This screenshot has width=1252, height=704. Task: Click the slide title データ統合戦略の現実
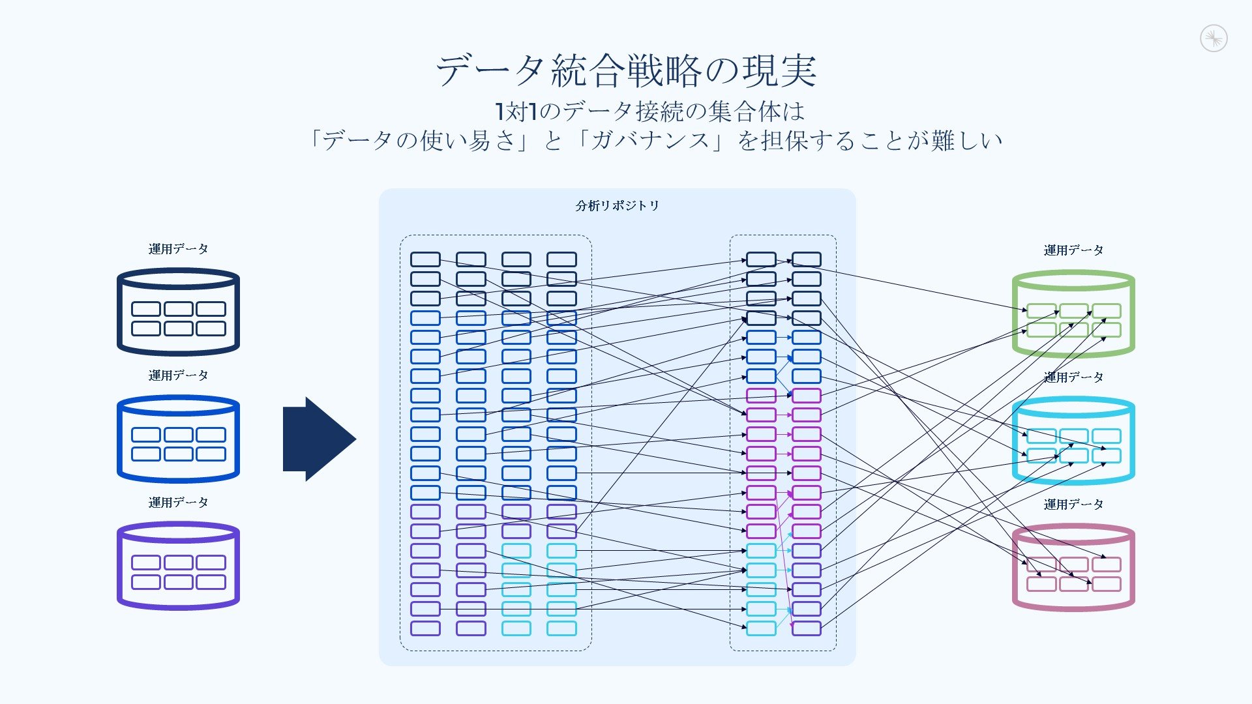tap(626, 70)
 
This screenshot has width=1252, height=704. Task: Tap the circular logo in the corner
tap(1214, 38)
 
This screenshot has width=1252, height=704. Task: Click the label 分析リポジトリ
tap(617, 206)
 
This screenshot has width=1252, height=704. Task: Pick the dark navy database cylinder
tap(178, 312)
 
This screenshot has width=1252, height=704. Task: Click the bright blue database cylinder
tap(178, 439)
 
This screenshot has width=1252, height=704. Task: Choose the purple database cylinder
tap(178, 566)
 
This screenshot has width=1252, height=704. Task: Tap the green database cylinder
tap(1073, 314)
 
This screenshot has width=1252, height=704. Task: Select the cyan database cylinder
tap(1073, 441)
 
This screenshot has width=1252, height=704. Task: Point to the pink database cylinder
tap(1073, 568)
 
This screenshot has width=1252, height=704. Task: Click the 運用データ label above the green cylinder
tap(1073, 250)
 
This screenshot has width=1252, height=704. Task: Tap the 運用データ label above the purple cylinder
tap(178, 503)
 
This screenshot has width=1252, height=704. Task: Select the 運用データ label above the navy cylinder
tap(178, 249)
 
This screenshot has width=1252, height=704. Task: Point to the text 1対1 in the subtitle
tap(516, 111)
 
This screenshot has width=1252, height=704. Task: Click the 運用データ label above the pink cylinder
tap(1073, 505)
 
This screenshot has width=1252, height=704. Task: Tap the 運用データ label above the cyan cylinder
tap(1073, 377)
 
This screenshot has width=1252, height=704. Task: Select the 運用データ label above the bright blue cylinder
tap(178, 375)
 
